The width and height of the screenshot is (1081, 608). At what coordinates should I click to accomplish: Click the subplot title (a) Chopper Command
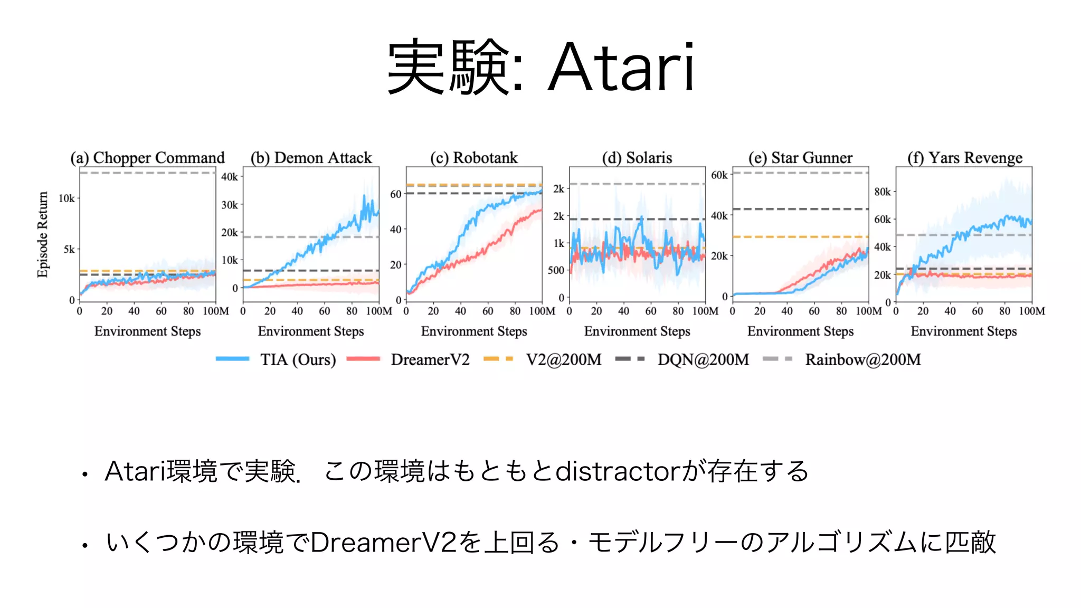(148, 158)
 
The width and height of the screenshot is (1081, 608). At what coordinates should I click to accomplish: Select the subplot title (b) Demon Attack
(311, 158)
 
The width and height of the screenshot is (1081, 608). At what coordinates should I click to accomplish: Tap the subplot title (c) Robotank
(473, 158)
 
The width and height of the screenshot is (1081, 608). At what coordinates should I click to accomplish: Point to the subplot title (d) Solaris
(637, 158)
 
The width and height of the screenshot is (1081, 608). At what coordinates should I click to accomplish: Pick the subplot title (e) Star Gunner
(800, 158)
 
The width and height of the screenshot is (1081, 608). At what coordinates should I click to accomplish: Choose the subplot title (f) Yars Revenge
(964, 158)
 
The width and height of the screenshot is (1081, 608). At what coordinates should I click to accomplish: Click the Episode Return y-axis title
(43, 234)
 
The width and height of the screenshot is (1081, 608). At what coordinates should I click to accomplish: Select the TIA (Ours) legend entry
(298, 359)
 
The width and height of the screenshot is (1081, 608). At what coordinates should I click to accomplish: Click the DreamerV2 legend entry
(430, 359)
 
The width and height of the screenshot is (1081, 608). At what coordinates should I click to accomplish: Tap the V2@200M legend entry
(563, 359)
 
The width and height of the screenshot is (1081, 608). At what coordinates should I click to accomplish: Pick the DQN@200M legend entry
(703, 359)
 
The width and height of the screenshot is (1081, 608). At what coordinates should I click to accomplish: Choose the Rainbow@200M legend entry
(862, 359)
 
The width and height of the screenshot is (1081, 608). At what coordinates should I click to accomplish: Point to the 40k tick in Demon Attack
(230, 177)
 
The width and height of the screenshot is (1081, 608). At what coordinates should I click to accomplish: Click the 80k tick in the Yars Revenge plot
(882, 192)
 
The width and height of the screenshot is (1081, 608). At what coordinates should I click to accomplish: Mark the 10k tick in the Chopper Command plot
(67, 198)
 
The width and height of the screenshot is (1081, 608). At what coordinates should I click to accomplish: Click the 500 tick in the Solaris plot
(556, 270)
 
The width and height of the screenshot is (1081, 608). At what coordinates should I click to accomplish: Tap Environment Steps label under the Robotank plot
(474, 331)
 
